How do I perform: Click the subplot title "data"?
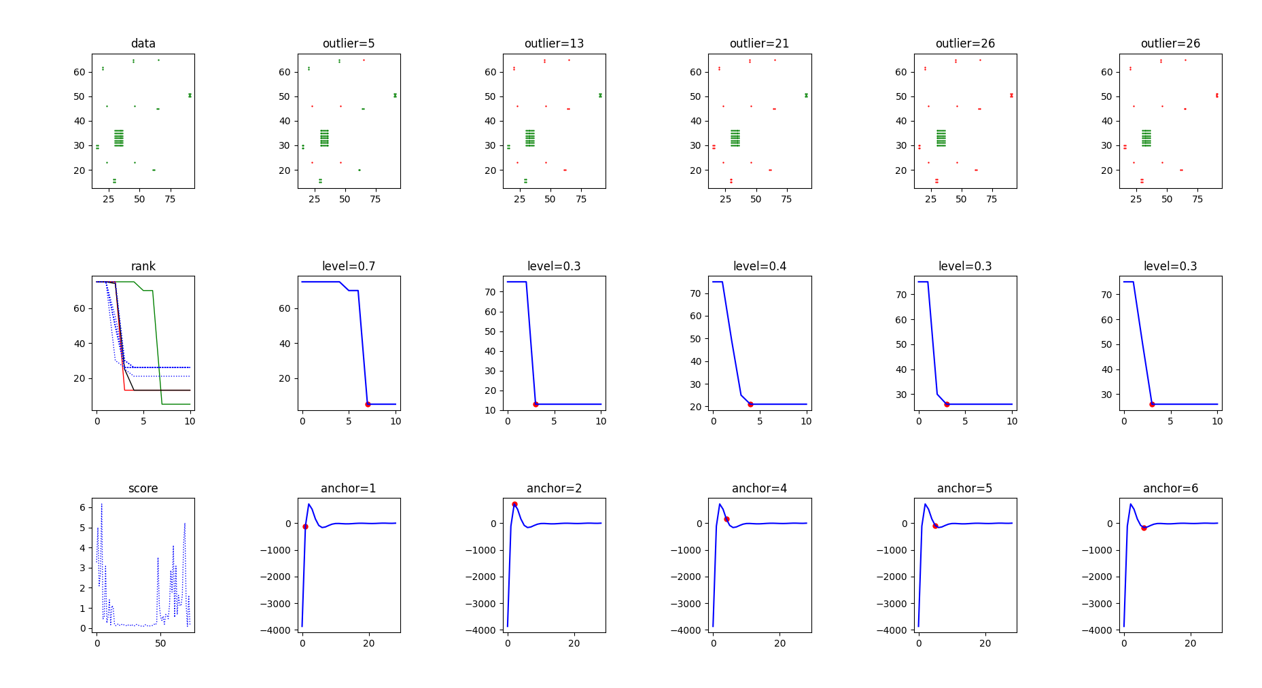[x=143, y=43]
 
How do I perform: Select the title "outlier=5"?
[x=349, y=43]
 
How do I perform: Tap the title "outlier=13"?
[x=554, y=43]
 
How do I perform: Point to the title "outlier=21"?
[x=759, y=43]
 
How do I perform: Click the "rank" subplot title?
[x=143, y=266]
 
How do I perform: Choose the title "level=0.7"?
[x=349, y=266]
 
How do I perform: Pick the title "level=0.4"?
[x=759, y=266]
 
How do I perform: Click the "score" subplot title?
[x=143, y=488]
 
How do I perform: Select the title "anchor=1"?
[x=349, y=488]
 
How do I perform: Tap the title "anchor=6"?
[x=1170, y=488]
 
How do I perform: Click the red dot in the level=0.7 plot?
[x=368, y=404]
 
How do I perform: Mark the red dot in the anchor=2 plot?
[x=514, y=505]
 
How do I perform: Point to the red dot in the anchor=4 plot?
[x=726, y=519]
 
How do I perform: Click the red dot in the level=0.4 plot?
[x=750, y=404]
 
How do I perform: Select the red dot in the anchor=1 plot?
[x=305, y=526]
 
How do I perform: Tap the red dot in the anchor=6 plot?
[x=1144, y=528]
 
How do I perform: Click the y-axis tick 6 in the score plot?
[x=82, y=507]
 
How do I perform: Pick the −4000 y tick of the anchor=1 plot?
[x=275, y=630]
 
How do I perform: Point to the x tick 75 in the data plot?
[x=170, y=199]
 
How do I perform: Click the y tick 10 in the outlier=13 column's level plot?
[x=490, y=410]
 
